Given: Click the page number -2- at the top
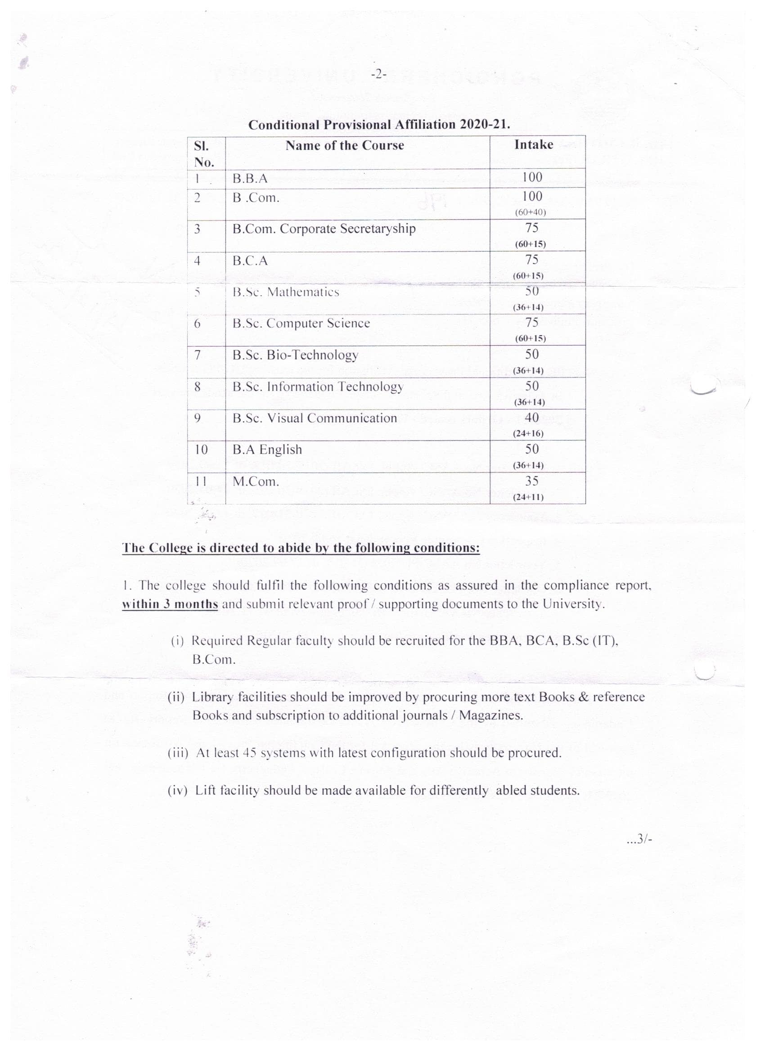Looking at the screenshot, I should click(x=378, y=74).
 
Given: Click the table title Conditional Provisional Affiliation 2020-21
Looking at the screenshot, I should click(x=379, y=125).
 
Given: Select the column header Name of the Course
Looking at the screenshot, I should click(x=345, y=146).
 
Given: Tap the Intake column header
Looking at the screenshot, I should click(x=534, y=145).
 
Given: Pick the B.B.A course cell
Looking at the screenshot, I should click(x=250, y=179).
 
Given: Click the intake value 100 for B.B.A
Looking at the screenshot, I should click(x=532, y=177).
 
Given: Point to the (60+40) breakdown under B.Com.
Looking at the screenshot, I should click(x=530, y=212).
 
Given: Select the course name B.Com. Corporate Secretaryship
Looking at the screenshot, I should click(x=324, y=229).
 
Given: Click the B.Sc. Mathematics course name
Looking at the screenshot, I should click(x=286, y=292).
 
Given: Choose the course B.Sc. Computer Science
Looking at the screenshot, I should click(x=301, y=324).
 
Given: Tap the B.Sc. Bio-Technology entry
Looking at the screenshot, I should click(x=296, y=355).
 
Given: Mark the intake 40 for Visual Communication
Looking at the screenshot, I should click(x=531, y=418).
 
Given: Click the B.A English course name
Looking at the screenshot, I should click(x=267, y=450).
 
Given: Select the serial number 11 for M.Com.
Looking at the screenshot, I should click(x=200, y=481).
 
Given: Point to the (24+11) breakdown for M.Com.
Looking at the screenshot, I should click(x=528, y=497).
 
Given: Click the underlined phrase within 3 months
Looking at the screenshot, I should click(x=170, y=604).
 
